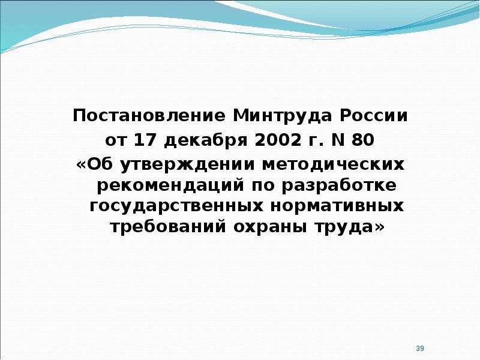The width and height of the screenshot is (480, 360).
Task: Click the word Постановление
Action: [149, 116]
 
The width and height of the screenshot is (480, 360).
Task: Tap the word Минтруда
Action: [283, 116]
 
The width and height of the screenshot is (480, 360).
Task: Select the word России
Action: [374, 116]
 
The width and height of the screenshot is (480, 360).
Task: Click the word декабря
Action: [205, 141]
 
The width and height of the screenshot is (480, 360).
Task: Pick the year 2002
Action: [278, 140]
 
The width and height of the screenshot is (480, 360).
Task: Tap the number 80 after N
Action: [362, 140]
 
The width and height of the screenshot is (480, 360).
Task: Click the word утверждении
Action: [187, 166]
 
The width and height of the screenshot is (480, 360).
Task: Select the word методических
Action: [333, 166]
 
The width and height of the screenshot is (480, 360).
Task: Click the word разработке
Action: [339, 185]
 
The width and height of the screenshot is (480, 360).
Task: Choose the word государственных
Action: [176, 206]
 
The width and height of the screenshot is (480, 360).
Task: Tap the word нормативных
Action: [337, 206]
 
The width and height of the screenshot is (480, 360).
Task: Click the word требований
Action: [168, 227]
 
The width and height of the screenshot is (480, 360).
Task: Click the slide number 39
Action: [420, 348]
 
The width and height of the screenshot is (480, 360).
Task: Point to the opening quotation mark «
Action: [81, 166]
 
